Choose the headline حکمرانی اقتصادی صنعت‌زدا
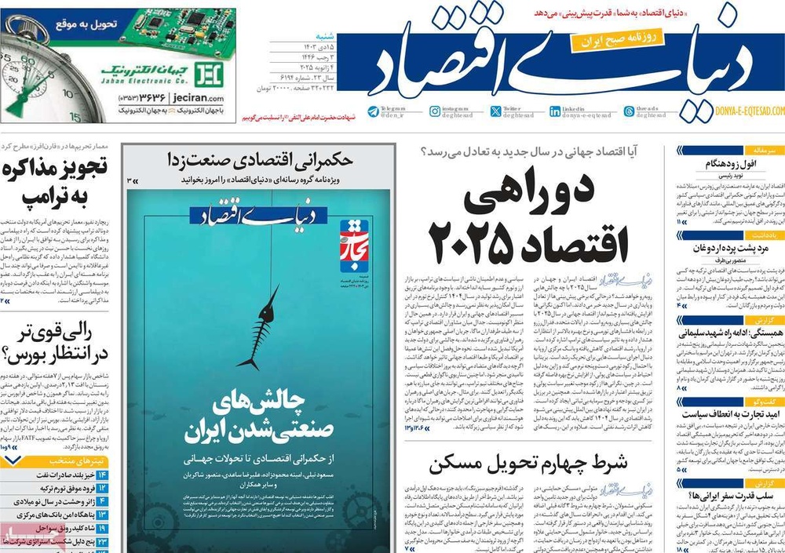click(259, 160)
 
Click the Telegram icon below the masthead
click(374, 111)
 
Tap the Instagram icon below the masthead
click(435, 111)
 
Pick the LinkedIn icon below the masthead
click(555, 111)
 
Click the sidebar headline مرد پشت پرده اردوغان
click(703, 249)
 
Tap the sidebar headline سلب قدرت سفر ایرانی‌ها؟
click(702, 495)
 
